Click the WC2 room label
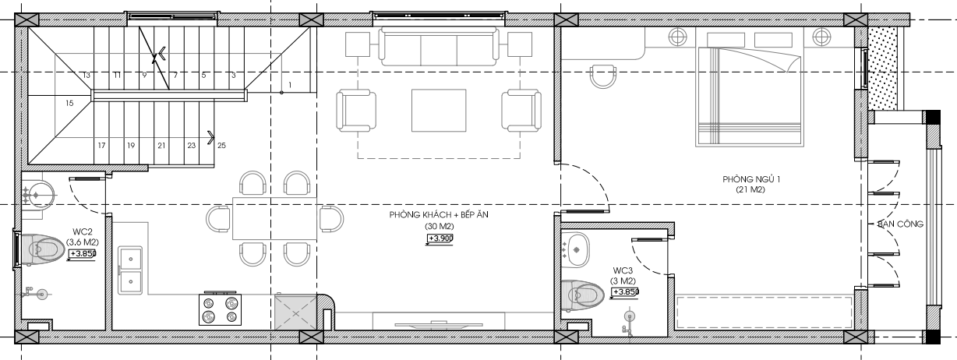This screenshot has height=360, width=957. [x=83, y=232]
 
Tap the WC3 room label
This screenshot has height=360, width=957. [x=623, y=270]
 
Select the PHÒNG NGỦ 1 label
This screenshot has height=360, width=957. [x=751, y=179]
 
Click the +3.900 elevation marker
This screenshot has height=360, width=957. [x=440, y=238]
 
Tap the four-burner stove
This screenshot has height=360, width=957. [x=220, y=309]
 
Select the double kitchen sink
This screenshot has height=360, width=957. [x=130, y=270]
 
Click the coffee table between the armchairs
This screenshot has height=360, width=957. [x=439, y=110]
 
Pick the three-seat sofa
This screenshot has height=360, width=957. [x=439, y=46]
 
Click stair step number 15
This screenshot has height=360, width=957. [x=69, y=103]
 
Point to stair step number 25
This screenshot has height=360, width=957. [x=221, y=145]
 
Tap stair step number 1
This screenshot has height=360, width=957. [x=290, y=85]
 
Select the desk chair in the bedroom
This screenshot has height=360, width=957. [x=603, y=76]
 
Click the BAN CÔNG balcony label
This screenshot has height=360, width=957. [x=900, y=224]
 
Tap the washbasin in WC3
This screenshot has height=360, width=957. [x=575, y=250]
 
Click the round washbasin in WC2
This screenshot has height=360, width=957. [x=39, y=195]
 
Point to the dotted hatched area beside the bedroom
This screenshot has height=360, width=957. [x=883, y=69]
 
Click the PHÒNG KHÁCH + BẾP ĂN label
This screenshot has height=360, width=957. [x=439, y=214]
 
